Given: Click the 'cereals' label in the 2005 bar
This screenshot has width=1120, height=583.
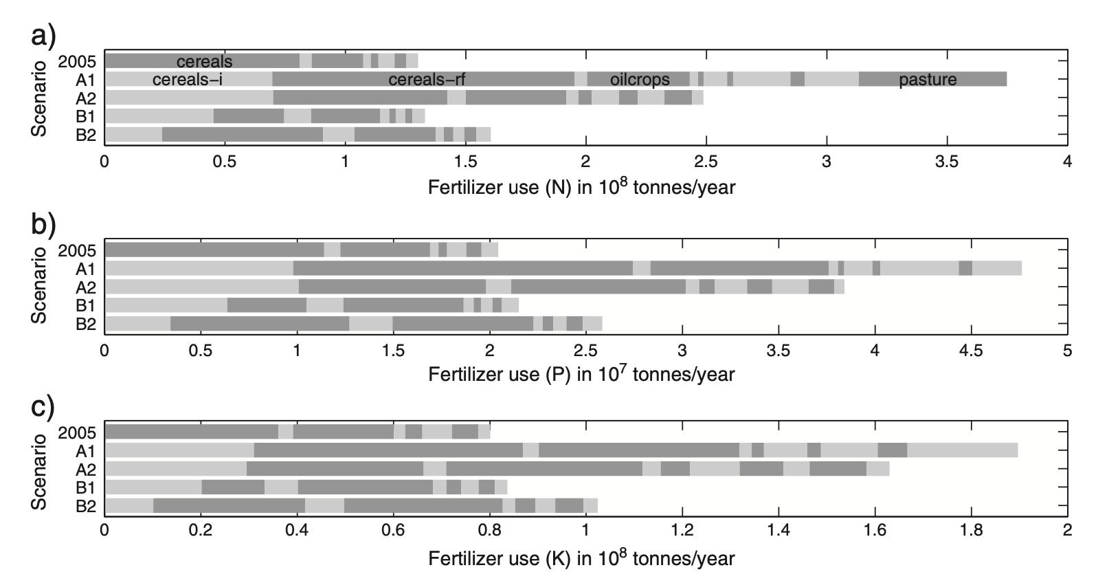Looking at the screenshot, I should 204,61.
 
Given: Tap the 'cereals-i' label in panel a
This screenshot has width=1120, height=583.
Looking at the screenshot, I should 187,79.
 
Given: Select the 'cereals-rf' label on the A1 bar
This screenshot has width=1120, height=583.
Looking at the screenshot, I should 427,79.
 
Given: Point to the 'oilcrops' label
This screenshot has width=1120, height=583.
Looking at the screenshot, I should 640,79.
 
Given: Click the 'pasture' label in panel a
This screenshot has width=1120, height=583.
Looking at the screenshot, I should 928,79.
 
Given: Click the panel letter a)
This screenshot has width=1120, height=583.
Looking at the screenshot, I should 44,34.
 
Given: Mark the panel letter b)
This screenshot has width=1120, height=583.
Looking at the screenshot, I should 44,223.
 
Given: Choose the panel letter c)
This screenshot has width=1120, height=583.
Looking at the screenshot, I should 44,407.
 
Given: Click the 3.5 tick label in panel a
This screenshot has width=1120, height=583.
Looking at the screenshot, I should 947,162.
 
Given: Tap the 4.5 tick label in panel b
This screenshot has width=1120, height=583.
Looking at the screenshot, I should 970,350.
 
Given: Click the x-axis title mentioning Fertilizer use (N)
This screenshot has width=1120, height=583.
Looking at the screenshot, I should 581,186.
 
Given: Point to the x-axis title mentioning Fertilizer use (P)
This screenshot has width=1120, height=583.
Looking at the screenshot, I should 581,373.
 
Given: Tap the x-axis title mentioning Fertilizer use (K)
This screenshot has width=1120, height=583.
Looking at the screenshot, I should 581,557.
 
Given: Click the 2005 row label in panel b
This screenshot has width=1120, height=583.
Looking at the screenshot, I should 77,250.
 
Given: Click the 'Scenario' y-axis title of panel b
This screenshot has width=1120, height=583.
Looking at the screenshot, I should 40,285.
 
